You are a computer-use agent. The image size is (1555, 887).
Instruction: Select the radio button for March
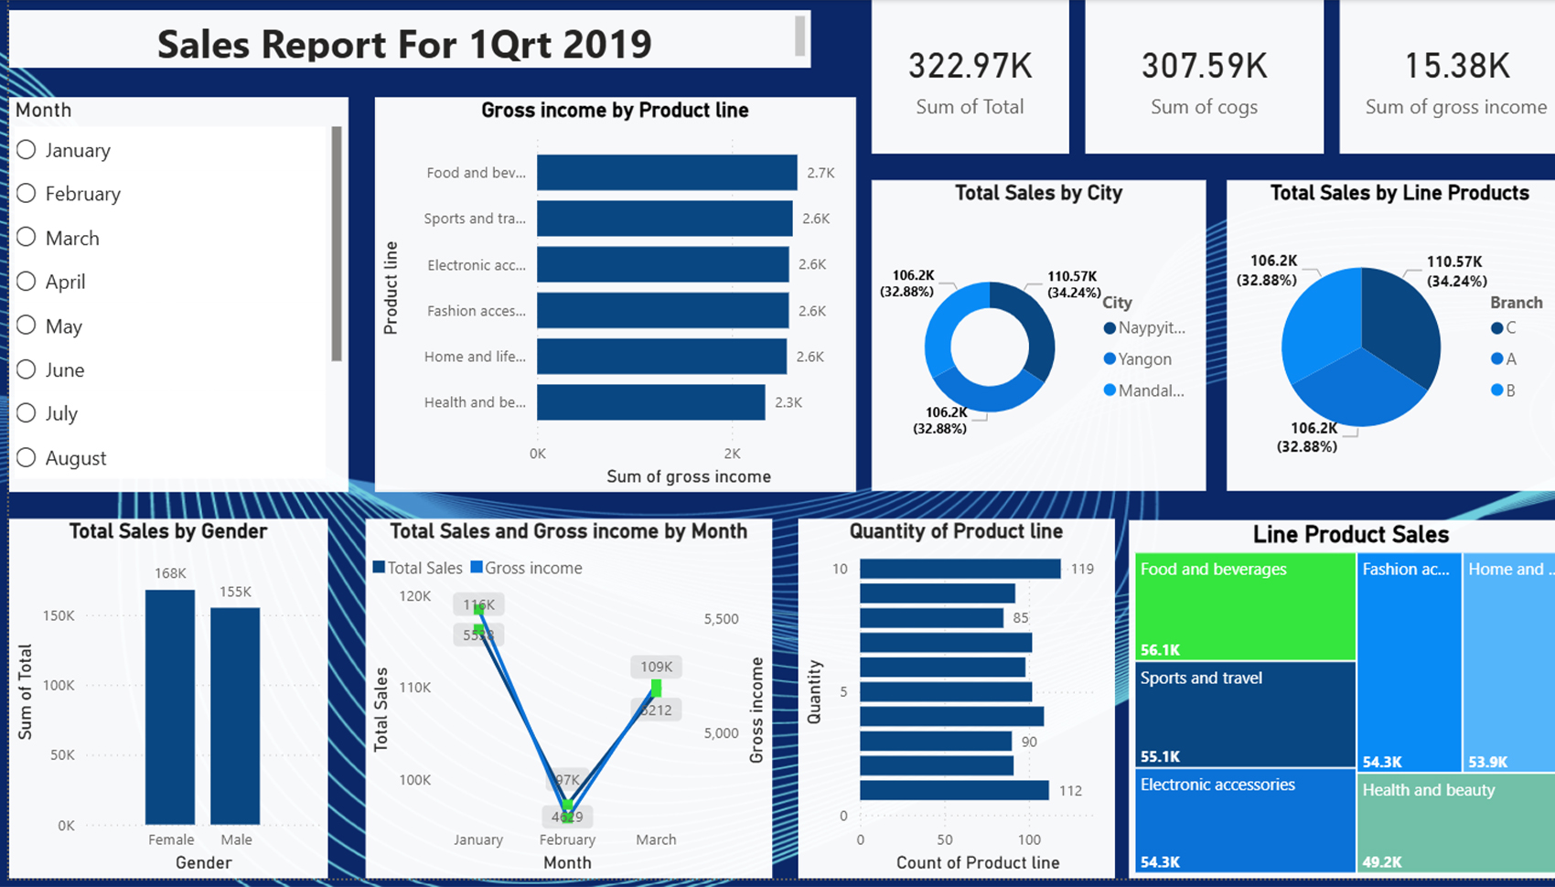click(x=27, y=238)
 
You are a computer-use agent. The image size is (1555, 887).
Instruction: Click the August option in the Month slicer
click(x=75, y=458)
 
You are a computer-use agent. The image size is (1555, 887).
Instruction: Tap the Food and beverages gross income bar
click(x=666, y=173)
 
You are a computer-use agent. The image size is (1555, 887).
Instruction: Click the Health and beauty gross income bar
click(x=650, y=402)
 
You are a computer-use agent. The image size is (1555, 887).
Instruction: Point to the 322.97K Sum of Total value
click(x=970, y=66)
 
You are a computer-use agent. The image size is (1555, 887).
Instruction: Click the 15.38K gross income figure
click(x=1456, y=66)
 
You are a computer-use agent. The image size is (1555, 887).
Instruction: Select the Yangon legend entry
click(x=1143, y=359)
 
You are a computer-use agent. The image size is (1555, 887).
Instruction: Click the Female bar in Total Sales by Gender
click(x=170, y=707)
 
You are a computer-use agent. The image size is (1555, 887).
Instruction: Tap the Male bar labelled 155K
click(x=235, y=716)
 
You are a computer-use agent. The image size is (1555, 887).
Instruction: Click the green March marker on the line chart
click(x=656, y=687)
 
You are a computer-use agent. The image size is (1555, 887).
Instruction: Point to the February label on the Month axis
click(x=567, y=839)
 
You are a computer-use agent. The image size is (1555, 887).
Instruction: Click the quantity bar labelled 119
click(x=960, y=569)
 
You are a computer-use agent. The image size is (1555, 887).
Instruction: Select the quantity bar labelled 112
click(x=954, y=790)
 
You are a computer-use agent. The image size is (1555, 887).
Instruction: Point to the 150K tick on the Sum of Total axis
click(x=59, y=615)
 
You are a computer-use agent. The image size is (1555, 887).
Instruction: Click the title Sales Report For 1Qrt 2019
click(x=404, y=44)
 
